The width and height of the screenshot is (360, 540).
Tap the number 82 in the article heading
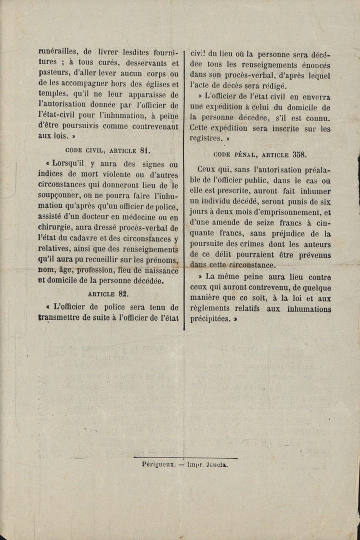[x=123, y=294]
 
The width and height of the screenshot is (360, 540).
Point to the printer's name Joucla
[x=216, y=464]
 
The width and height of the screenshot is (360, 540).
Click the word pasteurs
[x=54, y=74]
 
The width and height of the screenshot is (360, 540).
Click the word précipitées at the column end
[x=212, y=319]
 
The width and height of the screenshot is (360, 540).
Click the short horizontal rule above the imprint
[x=185, y=457]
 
